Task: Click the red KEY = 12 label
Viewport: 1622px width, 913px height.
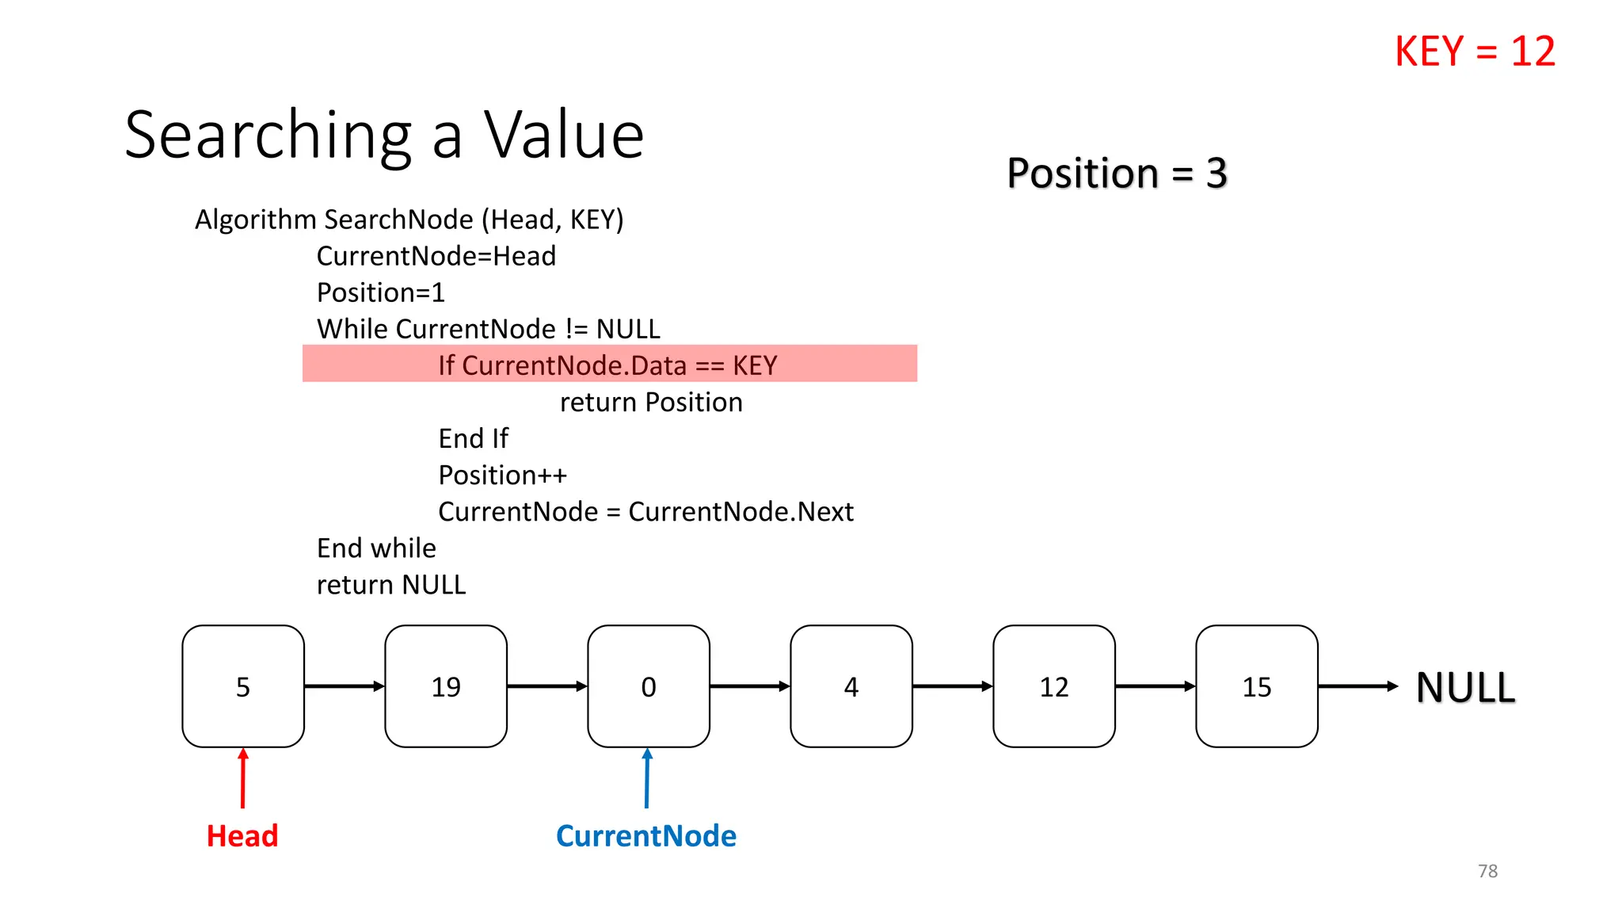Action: coord(1475,52)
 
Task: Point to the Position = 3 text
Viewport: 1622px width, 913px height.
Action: coord(1117,173)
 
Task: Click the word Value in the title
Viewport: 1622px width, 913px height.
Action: coord(564,135)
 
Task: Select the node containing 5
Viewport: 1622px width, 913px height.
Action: coord(243,686)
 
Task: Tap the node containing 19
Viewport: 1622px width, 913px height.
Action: coord(446,686)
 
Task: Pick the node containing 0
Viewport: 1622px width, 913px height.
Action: coord(649,686)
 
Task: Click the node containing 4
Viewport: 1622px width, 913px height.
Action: coord(851,686)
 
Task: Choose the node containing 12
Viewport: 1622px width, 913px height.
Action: coord(1054,686)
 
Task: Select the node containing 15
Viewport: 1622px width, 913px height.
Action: coord(1257,686)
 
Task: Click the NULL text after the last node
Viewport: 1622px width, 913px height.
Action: coord(1465,688)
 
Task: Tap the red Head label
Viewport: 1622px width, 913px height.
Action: coord(242,836)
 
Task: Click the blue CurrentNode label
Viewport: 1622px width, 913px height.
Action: coord(646,836)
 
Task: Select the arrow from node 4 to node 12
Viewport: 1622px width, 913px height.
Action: coord(953,686)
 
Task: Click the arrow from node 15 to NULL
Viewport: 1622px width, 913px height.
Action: coord(1357,686)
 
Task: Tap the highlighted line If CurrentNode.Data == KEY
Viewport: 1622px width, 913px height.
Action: coord(608,365)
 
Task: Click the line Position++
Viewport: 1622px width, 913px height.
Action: coord(503,476)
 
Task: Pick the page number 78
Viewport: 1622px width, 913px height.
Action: coord(1487,871)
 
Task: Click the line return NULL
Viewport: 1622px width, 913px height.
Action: coord(391,585)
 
